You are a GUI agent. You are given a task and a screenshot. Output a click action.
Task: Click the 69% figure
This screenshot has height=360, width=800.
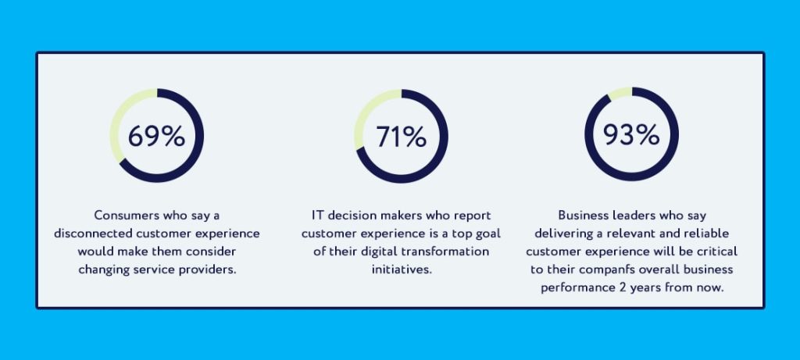[156, 136]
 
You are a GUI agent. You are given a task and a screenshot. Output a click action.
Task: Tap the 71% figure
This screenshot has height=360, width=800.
[401, 136]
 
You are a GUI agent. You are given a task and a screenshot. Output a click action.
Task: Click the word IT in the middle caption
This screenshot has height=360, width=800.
[317, 215]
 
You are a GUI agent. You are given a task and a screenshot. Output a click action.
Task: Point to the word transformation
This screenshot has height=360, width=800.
[448, 252]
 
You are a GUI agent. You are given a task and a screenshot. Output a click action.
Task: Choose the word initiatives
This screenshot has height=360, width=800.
[401, 271]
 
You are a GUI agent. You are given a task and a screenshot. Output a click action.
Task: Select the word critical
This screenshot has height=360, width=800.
[714, 252]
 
